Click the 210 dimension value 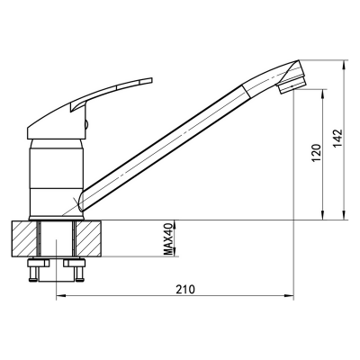185,289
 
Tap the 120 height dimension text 317,153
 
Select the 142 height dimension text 337,139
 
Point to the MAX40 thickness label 169,239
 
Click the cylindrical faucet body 57,177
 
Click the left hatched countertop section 24,238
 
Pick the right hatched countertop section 89,238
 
